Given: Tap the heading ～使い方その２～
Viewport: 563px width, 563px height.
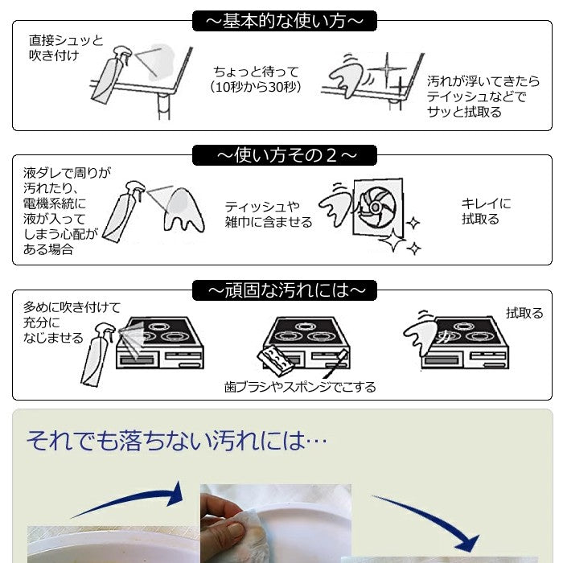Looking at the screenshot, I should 284,154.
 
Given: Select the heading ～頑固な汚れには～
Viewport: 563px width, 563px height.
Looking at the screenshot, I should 284,289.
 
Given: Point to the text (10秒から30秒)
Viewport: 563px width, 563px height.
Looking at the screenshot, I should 255,87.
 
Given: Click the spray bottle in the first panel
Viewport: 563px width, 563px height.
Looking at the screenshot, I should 107,77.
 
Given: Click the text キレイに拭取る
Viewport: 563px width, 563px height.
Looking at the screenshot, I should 486,212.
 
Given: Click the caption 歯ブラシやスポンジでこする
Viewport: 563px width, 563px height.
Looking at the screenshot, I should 300,387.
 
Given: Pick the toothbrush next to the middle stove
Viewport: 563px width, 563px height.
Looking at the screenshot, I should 335,364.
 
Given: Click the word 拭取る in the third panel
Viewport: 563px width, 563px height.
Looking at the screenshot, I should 524,313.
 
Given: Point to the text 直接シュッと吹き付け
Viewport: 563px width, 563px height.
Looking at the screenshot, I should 65,47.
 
